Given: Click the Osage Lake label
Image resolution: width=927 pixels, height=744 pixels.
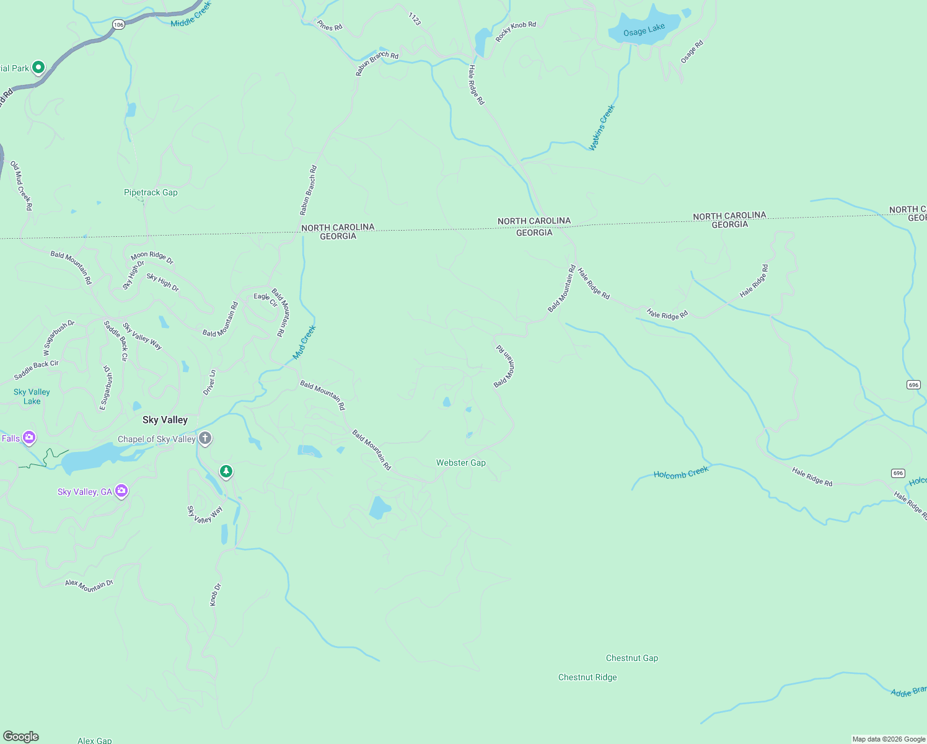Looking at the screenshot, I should tap(644, 30).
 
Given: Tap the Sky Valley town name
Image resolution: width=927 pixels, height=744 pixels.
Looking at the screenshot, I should tap(165, 420).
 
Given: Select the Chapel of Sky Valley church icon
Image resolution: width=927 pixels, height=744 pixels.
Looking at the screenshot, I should tap(205, 439).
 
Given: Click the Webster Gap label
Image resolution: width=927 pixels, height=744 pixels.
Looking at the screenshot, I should tap(460, 463).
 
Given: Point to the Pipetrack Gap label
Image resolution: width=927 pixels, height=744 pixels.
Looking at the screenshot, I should tap(151, 192).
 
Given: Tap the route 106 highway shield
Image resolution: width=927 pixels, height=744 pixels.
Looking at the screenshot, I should tap(118, 25).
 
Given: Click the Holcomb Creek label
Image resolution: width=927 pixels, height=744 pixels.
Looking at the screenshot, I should tap(680, 473).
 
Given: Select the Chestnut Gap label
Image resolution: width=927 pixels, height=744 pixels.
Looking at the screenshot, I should tap(631, 658).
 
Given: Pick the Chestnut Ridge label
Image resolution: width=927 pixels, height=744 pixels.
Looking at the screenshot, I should tap(587, 677).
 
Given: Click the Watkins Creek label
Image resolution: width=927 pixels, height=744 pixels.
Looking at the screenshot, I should tap(602, 128).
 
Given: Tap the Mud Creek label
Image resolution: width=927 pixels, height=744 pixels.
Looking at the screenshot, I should tap(304, 342).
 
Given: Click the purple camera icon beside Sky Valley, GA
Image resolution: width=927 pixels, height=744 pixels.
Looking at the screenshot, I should tap(121, 491).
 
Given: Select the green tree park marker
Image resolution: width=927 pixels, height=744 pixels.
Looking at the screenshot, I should tap(226, 472).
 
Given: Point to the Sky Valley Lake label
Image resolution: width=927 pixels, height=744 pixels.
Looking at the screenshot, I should tap(32, 396).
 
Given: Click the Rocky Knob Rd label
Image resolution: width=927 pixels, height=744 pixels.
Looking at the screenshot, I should tap(516, 32).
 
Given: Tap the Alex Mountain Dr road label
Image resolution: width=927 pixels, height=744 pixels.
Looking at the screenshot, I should tap(89, 585).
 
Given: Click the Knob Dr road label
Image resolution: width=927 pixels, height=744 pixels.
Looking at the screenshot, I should tap(215, 595).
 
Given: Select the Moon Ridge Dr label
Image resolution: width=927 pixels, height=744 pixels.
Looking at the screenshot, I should tap(152, 257).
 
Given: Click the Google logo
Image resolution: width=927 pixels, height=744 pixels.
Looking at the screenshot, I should tap(21, 736).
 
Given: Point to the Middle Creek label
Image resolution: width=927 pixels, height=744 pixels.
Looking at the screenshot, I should tap(191, 14).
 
